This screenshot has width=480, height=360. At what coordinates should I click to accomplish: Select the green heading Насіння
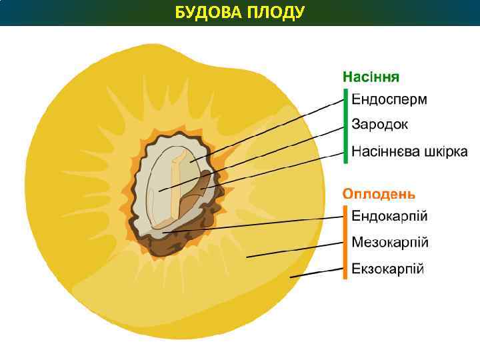371,76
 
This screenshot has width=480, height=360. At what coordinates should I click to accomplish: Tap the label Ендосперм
389,100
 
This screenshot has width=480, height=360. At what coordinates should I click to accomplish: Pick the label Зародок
380,125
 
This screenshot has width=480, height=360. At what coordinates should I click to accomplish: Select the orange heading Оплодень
379,194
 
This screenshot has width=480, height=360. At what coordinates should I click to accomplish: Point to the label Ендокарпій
390,216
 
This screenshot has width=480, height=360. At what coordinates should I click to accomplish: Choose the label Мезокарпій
390,242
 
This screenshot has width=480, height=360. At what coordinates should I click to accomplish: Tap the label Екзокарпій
388,269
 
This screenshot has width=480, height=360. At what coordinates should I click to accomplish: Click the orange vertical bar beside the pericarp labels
345,242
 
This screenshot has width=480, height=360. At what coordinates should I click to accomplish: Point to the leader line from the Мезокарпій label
293,249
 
